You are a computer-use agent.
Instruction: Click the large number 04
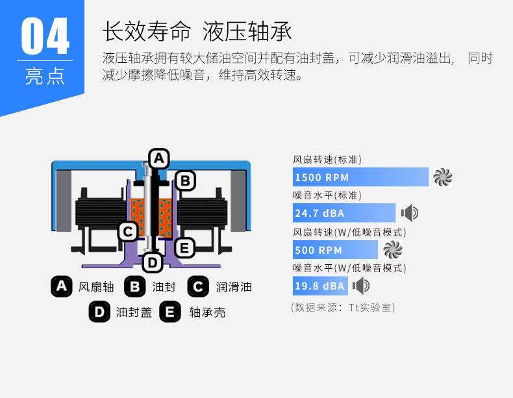coord(45,37)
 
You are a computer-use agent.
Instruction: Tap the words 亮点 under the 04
coord(45,75)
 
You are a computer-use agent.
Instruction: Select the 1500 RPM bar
coord(360,177)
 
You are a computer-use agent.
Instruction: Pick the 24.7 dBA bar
coord(344,213)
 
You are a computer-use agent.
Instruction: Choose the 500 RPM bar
coord(334,250)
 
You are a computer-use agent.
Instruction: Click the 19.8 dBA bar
coord(320,286)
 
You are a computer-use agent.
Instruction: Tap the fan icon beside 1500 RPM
coord(443,177)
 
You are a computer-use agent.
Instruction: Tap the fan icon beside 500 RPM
coord(393,249)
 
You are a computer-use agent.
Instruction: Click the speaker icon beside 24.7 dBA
coord(410,212)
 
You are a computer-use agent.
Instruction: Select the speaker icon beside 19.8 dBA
coord(361,286)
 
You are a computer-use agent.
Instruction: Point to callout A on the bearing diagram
coord(158,158)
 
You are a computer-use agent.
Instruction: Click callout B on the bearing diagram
coord(185,180)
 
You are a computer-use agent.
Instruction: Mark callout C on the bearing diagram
coord(128,230)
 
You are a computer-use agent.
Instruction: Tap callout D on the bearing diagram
coord(152,263)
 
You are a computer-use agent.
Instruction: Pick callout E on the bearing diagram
coord(184,247)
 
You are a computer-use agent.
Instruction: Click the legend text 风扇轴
coord(96,287)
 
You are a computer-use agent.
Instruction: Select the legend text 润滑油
coord(234,287)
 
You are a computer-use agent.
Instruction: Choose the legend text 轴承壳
coord(207,312)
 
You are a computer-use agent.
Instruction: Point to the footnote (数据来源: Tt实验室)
coord(343,307)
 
